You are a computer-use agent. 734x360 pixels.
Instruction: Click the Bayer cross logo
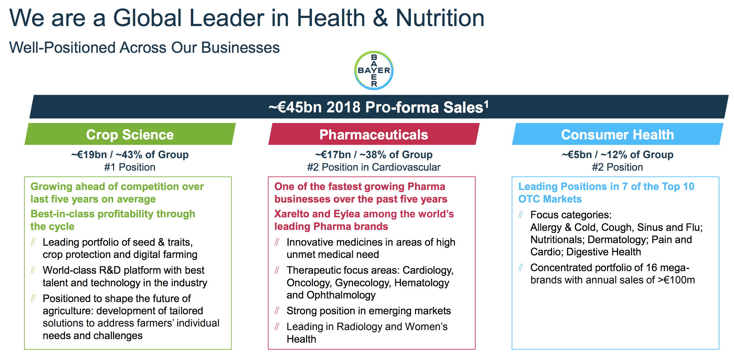[374, 70]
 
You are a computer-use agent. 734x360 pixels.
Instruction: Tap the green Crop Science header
[130, 134]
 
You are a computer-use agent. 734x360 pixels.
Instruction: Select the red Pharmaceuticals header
[374, 134]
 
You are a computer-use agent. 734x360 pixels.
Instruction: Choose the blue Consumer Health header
[617, 134]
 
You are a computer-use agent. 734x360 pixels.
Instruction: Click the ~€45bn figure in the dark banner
[295, 107]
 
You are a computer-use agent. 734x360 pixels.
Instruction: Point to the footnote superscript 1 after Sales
[486, 104]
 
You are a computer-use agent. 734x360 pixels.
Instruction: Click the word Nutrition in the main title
[440, 18]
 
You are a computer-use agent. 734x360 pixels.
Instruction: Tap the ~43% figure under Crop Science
[129, 155]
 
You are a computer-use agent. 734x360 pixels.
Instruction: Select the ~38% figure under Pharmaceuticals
[373, 155]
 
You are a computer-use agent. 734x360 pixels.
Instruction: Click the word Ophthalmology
[341, 295]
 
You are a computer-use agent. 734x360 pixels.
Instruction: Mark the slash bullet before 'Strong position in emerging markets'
[277, 311]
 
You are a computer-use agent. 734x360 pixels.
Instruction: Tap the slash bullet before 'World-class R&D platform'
[33, 270]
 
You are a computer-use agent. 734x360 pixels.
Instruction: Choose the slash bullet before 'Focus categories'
[521, 214]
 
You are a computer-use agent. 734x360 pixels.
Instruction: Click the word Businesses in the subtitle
[240, 48]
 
